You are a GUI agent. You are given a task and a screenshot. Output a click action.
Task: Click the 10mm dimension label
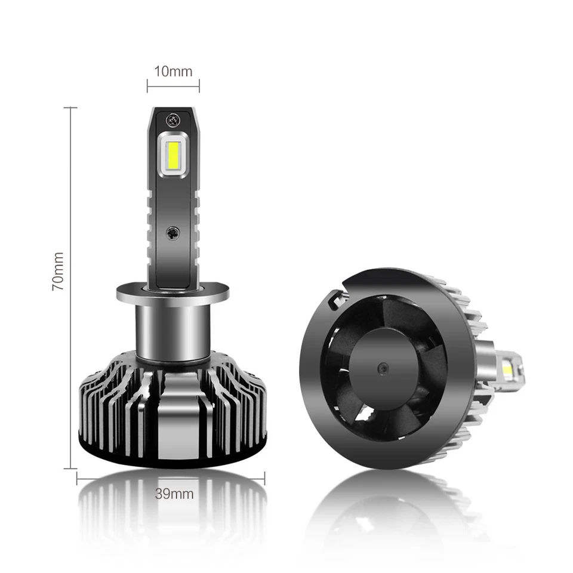(x=173, y=72)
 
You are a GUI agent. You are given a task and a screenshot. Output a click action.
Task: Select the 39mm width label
(x=174, y=494)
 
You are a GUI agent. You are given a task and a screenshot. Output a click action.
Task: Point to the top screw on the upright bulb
(x=174, y=119)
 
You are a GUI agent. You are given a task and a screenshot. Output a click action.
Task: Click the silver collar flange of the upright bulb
(x=173, y=294)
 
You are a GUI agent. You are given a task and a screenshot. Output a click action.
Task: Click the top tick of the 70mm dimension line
(x=70, y=108)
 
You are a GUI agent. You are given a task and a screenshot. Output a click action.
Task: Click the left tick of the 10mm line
(x=148, y=86)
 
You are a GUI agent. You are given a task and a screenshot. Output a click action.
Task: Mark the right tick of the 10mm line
(x=199, y=86)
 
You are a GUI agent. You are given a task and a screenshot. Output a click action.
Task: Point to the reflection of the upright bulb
(x=173, y=525)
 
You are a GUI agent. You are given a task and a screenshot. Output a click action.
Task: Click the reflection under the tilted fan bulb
(x=388, y=513)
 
